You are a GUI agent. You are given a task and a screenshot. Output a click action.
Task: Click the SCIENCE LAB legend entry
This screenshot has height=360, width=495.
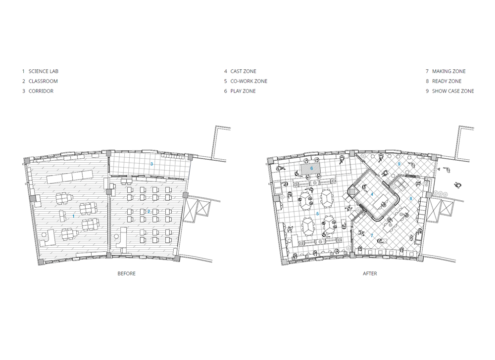[x=41, y=71]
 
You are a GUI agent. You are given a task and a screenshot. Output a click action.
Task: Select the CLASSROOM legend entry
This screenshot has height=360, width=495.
[x=40, y=81]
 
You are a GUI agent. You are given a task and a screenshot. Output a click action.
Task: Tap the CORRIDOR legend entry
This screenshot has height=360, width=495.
[x=38, y=91]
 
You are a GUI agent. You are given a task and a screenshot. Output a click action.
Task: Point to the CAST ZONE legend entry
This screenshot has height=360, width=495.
[x=240, y=71]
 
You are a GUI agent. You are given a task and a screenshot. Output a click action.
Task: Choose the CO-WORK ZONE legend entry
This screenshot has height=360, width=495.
[x=246, y=81]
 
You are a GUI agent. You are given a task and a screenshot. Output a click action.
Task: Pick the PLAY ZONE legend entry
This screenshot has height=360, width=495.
[x=240, y=91]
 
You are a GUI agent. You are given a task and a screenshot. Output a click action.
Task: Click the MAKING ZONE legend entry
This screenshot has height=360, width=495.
[x=446, y=71]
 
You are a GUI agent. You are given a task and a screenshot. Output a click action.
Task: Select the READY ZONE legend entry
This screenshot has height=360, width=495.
[x=444, y=81]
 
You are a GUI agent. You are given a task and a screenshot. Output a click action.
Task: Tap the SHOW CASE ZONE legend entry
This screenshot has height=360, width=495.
[x=450, y=91]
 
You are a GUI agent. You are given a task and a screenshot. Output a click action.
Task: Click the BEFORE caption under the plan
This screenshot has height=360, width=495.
[x=127, y=273]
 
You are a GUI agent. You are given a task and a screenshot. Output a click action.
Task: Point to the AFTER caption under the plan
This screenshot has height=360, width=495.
[x=370, y=273]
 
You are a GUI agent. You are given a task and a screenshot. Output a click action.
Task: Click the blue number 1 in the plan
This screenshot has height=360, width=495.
[x=74, y=216]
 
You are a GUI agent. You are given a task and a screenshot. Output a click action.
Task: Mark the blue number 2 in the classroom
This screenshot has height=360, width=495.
[x=148, y=212]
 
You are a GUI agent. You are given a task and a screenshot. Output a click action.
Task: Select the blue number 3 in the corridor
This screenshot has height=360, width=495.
[x=151, y=164]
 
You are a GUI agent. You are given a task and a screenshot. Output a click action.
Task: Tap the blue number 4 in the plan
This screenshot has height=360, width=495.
[x=372, y=194]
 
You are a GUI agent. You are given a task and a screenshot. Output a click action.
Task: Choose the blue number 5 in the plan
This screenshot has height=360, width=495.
[x=318, y=214]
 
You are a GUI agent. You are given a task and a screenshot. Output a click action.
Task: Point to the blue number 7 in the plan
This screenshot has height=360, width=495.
[x=372, y=235]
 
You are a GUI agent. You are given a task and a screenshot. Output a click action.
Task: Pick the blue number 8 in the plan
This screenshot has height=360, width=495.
[x=411, y=199]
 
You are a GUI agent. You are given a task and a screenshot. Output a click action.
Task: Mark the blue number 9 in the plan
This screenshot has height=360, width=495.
[x=399, y=164]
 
